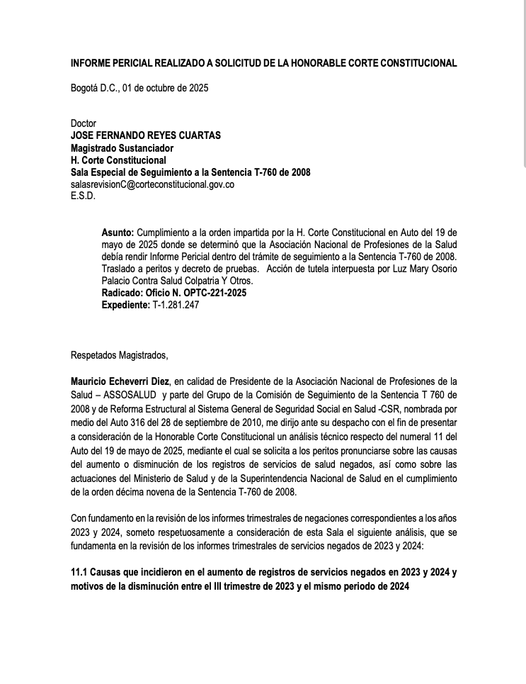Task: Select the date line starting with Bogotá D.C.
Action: [139, 89]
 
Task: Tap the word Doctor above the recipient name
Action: [83, 123]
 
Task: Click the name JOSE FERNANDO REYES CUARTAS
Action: [146, 135]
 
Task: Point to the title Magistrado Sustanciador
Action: [122, 148]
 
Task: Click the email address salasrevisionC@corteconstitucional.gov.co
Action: [152, 184]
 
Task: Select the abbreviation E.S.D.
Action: [83, 196]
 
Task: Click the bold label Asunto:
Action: [118, 232]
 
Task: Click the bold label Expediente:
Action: [126, 305]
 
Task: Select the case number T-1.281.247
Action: [176, 305]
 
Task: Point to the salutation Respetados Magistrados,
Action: [120, 355]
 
